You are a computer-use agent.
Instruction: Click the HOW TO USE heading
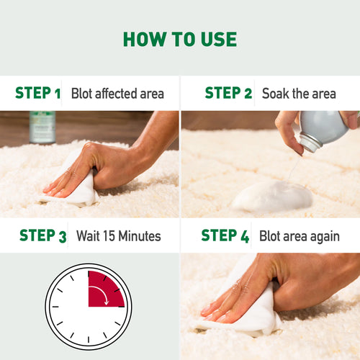[x=179, y=39]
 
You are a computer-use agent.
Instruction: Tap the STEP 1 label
[x=37, y=93]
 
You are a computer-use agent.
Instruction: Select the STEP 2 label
[x=228, y=93]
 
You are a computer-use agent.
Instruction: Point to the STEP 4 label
[x=224, y=235]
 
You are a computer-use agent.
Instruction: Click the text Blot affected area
[x=117, y=94]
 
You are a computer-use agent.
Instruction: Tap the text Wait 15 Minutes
[x=116, y=236]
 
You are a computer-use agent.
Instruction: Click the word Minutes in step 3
[x=138, y=236]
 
